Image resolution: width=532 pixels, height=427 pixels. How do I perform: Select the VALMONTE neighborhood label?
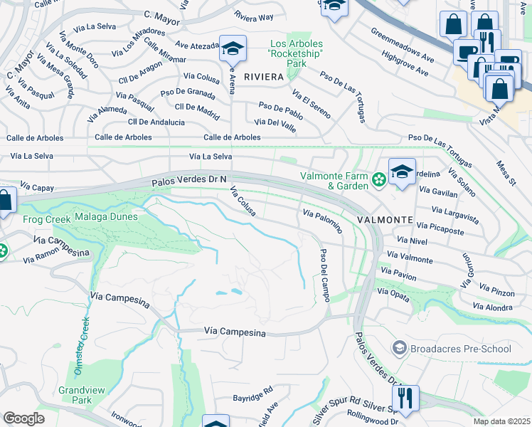coord(385,220)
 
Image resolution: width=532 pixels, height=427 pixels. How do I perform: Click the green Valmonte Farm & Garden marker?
coord(379,180)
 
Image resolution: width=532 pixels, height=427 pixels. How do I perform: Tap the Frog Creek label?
coord(46,219)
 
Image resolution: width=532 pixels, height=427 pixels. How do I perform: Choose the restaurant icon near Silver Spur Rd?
coord(405,399)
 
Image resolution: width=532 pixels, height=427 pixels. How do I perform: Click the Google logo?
coord(23,418)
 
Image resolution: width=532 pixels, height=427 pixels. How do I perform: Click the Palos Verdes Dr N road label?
coord(188,182)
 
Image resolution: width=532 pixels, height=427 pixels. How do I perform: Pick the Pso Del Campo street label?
coord(325,275)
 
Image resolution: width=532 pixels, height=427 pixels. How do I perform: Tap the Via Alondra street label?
coord(492,306)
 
